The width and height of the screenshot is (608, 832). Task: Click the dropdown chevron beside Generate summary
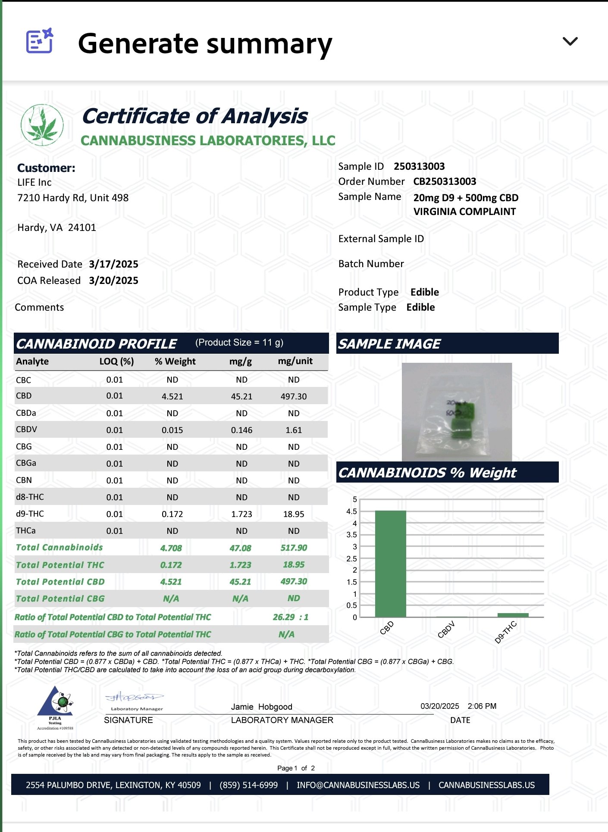pyautogui.click(x=570, y=41)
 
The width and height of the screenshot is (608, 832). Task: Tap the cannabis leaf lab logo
pyautogui.click(x=42, y=125)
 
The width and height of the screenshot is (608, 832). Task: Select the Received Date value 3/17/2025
pyautogui.click(x=113, y=264)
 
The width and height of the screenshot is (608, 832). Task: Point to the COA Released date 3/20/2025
pyautogui.click(x=113, y=280)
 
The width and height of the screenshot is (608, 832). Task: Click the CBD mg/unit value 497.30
pyautogui.click(x=293, y=396)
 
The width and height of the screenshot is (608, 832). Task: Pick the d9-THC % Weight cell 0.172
pyautogui.click(x=172, y=514)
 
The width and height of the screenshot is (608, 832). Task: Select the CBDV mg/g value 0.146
pyautogui.click(x=241, y=430)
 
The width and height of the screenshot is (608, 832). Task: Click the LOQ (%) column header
pyautogui.click(x=116, y=361)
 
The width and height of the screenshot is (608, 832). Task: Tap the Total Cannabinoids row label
pyautogui.click(x=60, y=548)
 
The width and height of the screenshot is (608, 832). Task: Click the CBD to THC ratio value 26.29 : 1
pyautogui.click(x=290, y=617)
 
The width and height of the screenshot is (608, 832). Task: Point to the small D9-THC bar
pyautogui.click(x=513, y=615)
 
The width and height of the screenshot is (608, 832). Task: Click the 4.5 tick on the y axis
pyautogui.click(x=352, y=511)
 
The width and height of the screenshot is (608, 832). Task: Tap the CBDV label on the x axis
pyautogui.click(x=446, y=629)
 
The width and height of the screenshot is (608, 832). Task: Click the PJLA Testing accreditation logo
pyautogui.click(x=55, y=707)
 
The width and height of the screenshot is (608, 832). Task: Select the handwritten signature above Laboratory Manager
pyautogui.click(x=134, y=697)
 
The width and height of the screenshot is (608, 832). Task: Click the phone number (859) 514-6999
pyautogui.click(x=248, y=785)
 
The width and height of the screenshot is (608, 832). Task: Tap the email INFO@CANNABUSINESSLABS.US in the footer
pyautogui.click(x=358, y=785)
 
